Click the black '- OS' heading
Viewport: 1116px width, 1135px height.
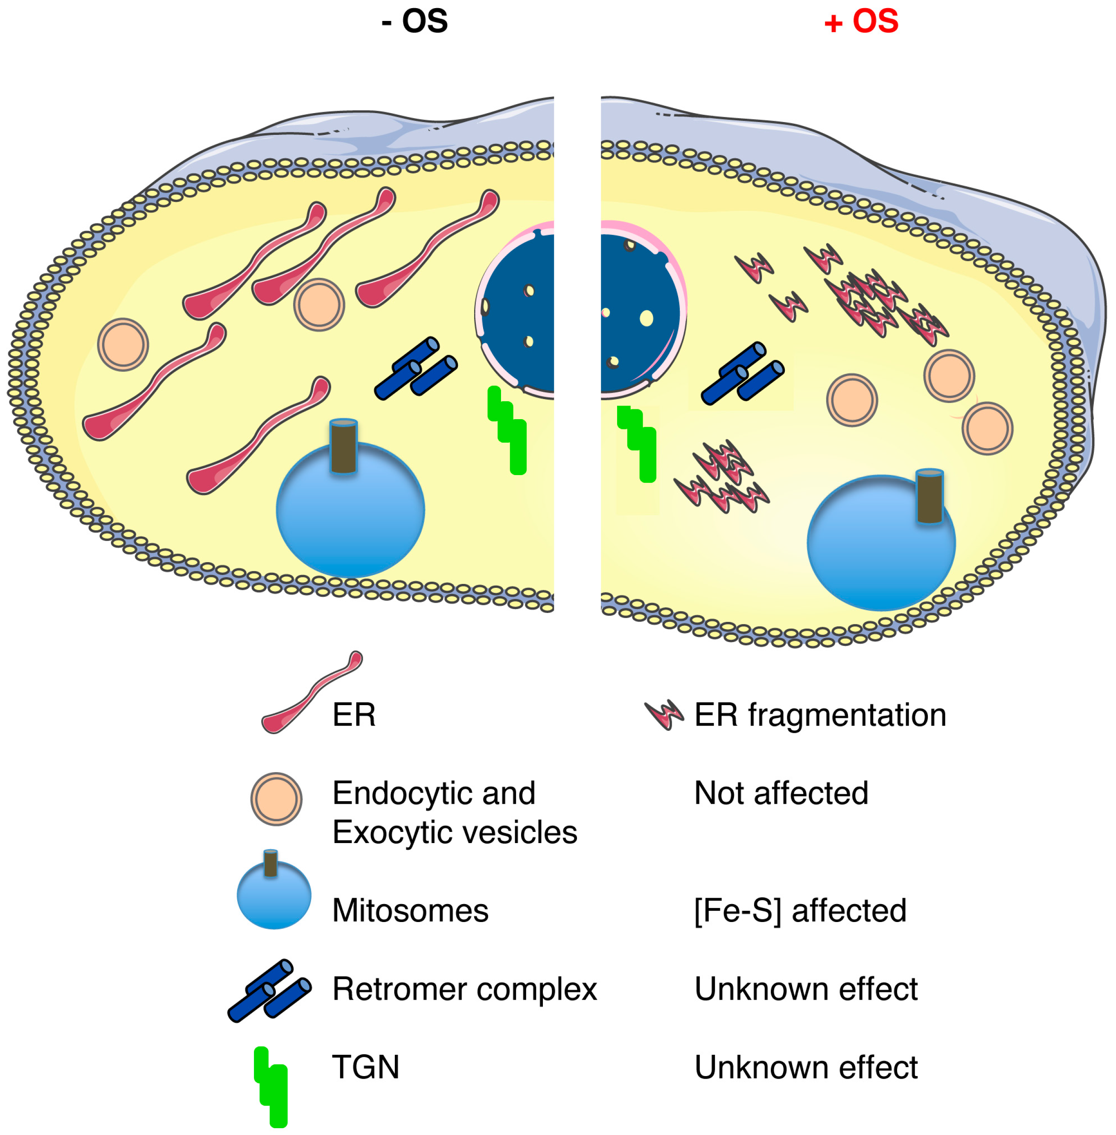(414, 22)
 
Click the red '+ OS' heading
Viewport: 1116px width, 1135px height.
(860, 22)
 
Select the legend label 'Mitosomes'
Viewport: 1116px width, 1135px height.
(410, 910)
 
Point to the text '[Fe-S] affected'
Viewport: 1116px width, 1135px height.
(800, 910)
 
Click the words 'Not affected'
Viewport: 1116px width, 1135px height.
(781, 793)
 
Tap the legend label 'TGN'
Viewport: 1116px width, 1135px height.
(366, 1067)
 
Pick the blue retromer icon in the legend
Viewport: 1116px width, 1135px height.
(270, 991)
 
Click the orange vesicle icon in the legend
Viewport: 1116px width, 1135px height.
(276, 799)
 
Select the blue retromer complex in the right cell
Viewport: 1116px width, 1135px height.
(743, 373)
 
